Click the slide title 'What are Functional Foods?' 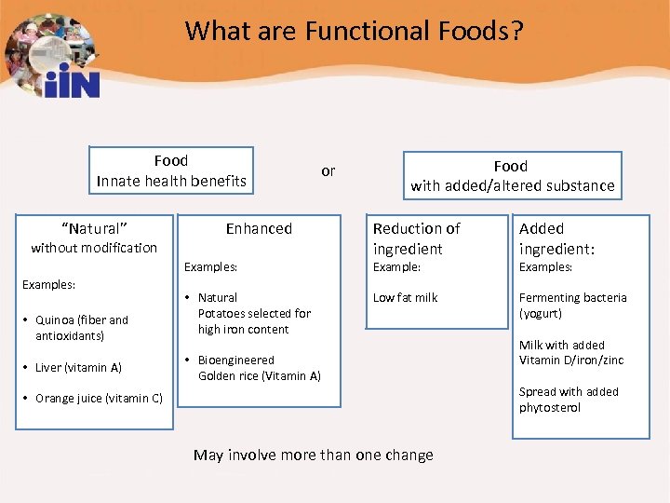click(x=354, y=31)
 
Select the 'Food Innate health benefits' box click(x=171, y=171)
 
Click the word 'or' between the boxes click(x=328, y=170)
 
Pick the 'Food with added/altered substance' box click(x=512, y=176)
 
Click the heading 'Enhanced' click(x=259, y=228)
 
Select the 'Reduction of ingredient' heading click(x=416, y=238)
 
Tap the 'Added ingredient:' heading click(x=556, y=238)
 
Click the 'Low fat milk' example click(x=405, y=298)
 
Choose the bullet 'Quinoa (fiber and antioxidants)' click(x=82, y=328)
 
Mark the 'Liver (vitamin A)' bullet click(x=78, y=368)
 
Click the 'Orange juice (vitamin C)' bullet click(x=98, y=399)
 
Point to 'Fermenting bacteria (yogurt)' click(x=572, y=306)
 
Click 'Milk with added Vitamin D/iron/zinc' click(x=570, y=352)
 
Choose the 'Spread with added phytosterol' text click(x=568, y=400)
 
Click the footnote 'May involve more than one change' click(x=313, y=455)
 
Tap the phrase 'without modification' click(x=94, y=248)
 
